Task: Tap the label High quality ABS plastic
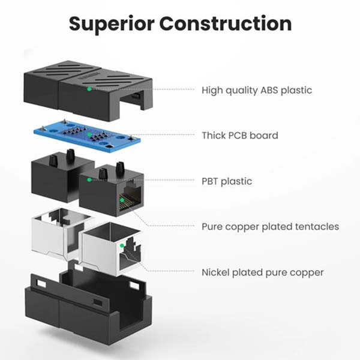(256, 91)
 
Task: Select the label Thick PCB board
(240, 136)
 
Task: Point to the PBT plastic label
(227, 181)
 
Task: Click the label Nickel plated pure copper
(263, 272)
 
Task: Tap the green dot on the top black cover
(89, 89)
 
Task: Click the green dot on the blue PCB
(90, 135)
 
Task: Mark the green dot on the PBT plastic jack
(89, 179)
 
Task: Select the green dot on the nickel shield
(122, 244)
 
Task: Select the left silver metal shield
(57, 231)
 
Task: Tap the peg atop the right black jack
(102, 173)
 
